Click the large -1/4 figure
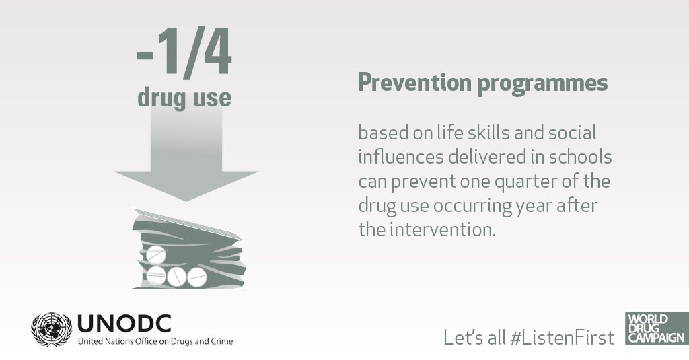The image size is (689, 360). [184, 52]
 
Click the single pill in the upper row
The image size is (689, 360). [156, 254]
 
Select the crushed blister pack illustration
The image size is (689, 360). [188, 249]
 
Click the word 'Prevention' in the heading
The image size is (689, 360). [414, 83]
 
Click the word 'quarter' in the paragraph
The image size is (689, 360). [525, 182]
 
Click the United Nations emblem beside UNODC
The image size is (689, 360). [51, 329]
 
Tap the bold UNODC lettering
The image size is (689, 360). [124, 324]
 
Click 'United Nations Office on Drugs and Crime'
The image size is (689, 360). [155, 342]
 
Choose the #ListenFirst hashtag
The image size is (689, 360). [563, 338]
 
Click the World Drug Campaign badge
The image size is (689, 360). [657, 328]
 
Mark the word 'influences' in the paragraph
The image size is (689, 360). [401, 157]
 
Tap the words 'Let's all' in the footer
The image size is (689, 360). [474, 338]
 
